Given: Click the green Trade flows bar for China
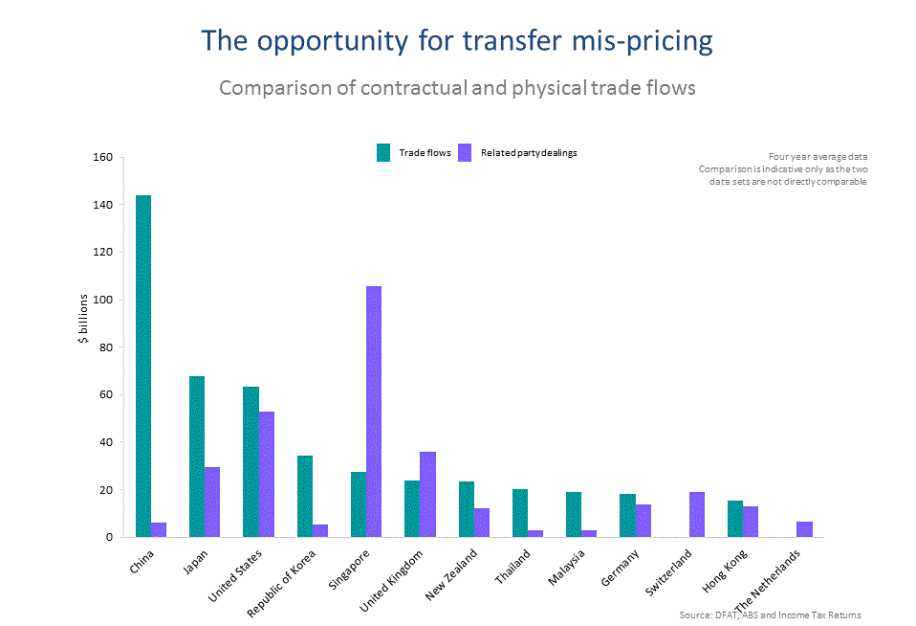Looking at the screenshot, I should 143,366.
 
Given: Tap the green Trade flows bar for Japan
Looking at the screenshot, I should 197,457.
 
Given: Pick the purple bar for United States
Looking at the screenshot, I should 266,474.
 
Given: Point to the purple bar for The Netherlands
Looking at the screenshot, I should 804,529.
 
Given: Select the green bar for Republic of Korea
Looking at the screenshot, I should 305,496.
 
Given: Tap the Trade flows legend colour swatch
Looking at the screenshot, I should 383,152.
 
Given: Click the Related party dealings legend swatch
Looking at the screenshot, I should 466,152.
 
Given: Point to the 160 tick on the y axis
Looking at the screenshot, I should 103,157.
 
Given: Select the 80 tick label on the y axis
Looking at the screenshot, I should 106,347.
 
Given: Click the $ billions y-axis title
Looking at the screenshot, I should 84,319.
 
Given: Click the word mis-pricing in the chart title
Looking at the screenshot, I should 642,41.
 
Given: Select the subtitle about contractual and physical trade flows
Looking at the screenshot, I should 457,88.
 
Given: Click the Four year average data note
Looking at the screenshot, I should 818,156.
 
